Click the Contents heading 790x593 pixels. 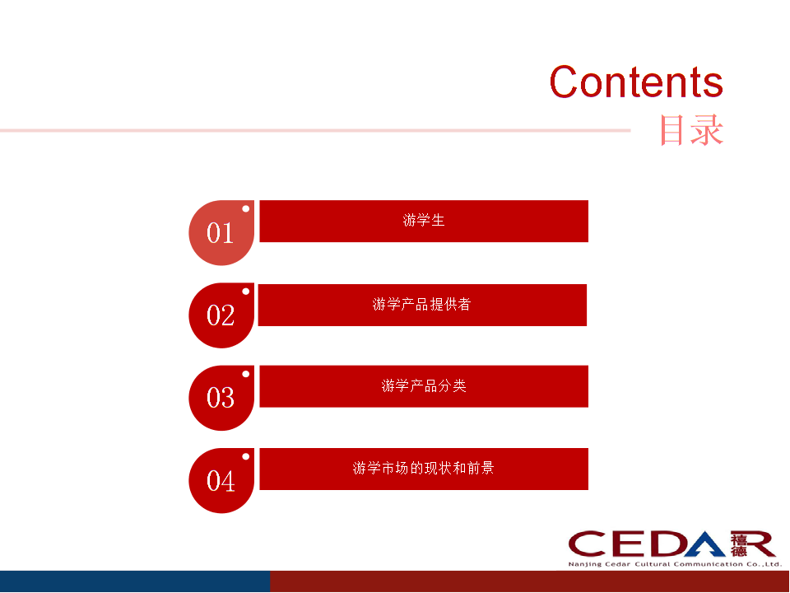click(636, 82)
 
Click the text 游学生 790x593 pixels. click(424, 221)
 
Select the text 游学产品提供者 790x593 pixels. click(421, 305)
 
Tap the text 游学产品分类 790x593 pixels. click(424, 386)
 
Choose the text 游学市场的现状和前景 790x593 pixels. click(424, 469)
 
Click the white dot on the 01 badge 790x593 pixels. click(245, 208)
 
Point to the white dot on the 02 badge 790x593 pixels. click(245, 292)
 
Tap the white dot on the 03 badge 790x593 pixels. click(245, 374)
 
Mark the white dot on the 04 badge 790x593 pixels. click(245, 456)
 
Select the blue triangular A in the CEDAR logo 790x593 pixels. click(704, 544)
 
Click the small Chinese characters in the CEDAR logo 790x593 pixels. click(738, 544)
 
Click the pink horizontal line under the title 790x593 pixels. click(313, 130)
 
